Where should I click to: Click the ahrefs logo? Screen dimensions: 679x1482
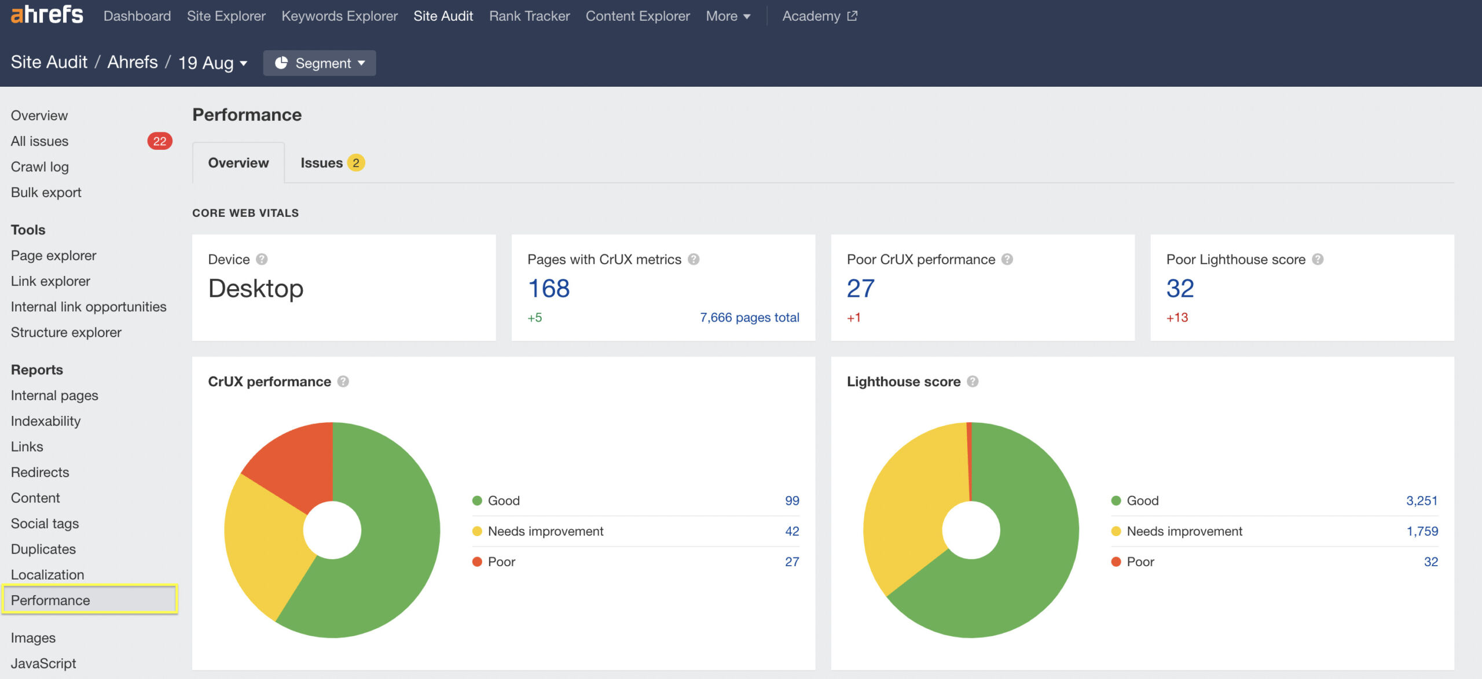(x=47, y=14)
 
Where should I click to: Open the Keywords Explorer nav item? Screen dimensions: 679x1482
(x=339, y=16)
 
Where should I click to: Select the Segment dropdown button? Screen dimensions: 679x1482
(x=320, y=63)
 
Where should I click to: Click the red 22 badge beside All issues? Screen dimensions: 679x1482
(x=160, y=141)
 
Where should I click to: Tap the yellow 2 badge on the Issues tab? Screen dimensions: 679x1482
(x=356, y=163)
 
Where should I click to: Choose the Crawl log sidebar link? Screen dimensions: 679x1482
(x=39, y=167)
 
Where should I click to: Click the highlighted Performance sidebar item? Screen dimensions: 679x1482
(x=50, y=600)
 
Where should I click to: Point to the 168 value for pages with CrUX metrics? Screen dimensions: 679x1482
(x=549, y=289)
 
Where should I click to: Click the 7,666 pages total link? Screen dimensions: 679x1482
(x=749, y=318)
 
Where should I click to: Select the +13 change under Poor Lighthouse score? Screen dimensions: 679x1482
(x=1177, y=318)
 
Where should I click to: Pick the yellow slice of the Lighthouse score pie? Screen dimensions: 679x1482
(x=909, y=509)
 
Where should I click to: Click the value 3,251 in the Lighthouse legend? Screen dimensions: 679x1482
(x=1422, y=501)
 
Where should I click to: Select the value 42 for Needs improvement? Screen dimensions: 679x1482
(x=792, y=532)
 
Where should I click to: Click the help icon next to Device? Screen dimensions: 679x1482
(x=262, y=260)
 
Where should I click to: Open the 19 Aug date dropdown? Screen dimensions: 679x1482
(x=212, y=63)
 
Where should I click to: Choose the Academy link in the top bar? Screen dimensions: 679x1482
(x=819, y=16)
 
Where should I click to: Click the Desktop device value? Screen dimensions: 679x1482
(x=255, y=289)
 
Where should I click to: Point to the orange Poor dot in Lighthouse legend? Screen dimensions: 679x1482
(x=1116, y=562)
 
